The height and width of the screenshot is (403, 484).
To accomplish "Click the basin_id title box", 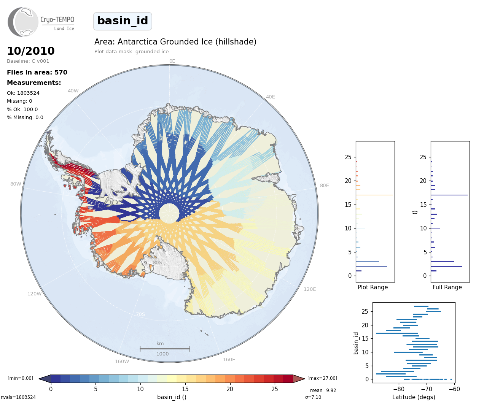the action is pyautogui.click(x=123, y=21).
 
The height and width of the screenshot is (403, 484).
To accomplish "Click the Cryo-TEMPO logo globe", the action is pyautogui.click(x=23, y=22).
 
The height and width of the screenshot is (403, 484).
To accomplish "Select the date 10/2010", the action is pyautogui.click(x=31, y=51).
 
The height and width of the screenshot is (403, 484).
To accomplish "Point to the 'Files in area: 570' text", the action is pyautogui.click(x=37, y=73).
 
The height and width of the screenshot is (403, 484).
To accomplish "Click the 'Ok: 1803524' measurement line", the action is pyautogui.click(x=23, y=93).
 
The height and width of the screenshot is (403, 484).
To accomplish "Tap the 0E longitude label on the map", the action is pyautogui.click(x=172, y=61).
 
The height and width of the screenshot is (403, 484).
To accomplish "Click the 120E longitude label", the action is pyautogui.click(x=310, y=289).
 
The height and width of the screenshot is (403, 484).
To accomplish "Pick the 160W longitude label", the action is pyautogui.click(x=122, y=361).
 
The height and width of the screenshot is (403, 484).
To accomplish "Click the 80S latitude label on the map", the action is pyautogui.click(x=158, y=262).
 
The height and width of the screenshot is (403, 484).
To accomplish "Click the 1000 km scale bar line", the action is pyautogui.click(x=165, y=349).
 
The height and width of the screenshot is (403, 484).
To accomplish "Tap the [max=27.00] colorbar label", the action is pyautogui.click(x=322, y=378).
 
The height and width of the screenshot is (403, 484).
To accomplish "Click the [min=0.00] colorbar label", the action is pyautogui.click(x=21, y=378).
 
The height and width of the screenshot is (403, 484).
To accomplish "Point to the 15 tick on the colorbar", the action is pyautogui.click(x=185, y=389).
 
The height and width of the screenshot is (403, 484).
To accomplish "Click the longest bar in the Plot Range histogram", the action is pyautogui.click(x=374, y=195).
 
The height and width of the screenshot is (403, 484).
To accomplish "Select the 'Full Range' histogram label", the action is pyautogui.click(x=447, y=287).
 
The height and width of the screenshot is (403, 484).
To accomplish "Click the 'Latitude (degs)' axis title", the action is pyautogui.click(x=414, y=397).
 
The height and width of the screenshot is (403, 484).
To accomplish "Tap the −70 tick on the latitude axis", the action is pyautogui.click(x=427, y=389).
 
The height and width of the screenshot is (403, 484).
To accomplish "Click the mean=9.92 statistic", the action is pyautogui.click(x=323, y=390).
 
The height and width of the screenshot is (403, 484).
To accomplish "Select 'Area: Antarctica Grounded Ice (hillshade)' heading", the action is pyautogui.click(x=175, y=42).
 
